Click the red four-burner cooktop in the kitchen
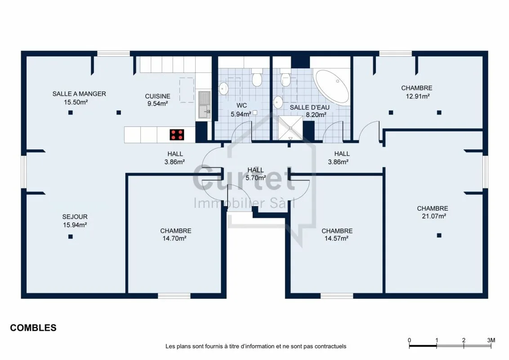177,135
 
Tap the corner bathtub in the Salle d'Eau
331,86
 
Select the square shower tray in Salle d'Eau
290,128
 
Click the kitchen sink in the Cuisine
205,105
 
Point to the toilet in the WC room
257,77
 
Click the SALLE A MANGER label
79,94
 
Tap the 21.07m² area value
434,216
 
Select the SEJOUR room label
75,217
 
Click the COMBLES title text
33,328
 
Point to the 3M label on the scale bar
491,340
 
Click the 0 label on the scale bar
409,340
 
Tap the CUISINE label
157,96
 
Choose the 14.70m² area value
174,238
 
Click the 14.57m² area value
336,238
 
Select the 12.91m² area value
418,96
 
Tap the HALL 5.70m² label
256,174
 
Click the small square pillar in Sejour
71,237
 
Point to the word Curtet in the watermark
244,178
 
